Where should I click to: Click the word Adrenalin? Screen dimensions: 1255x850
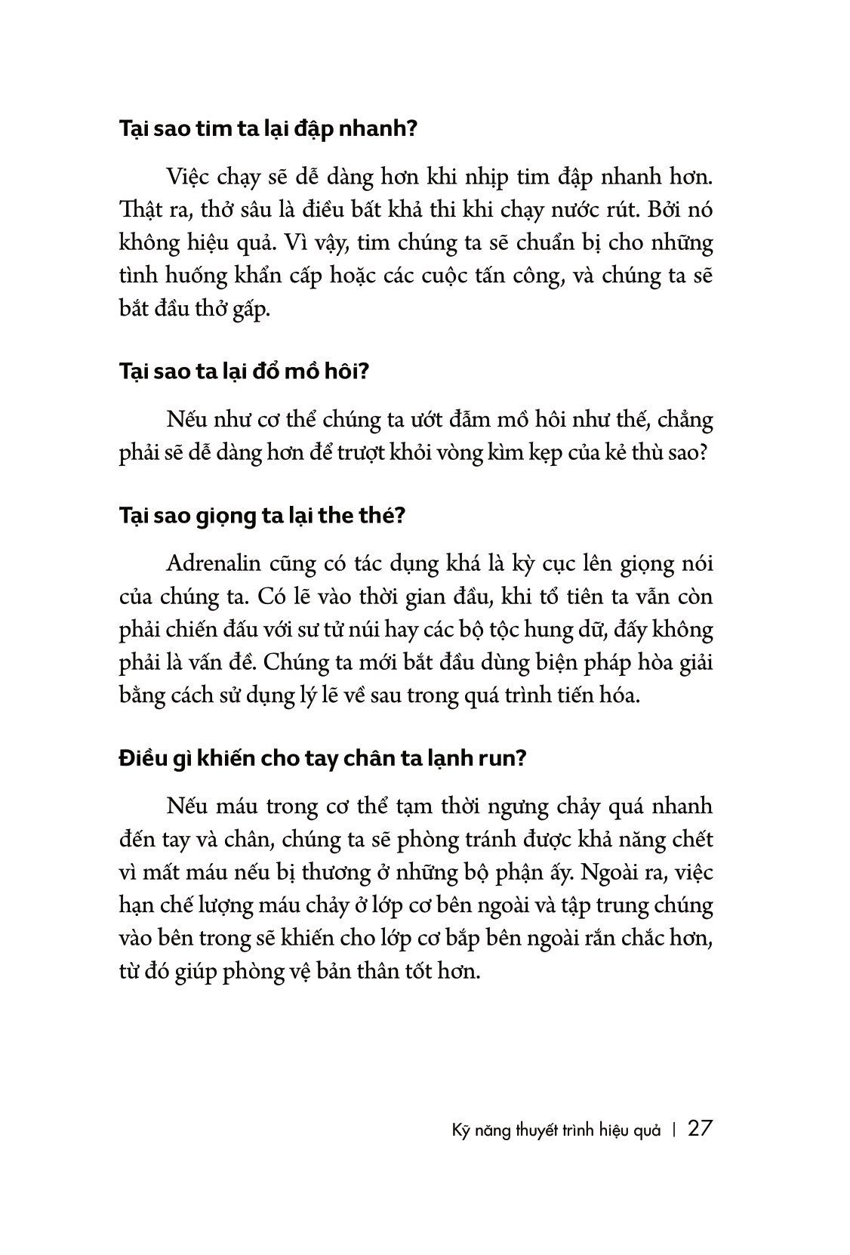pyautogui.click(x=218, y=564)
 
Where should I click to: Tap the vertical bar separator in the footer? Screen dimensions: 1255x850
pyautogui.click(x=673, y=1130)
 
